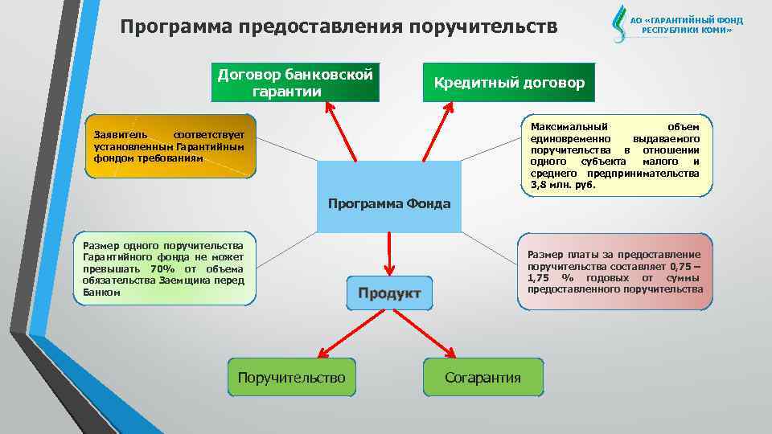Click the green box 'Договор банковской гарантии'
coord(294,83)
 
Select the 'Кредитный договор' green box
coord(509,83)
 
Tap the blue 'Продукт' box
coord(389,293)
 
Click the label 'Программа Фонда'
coord(389,203)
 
